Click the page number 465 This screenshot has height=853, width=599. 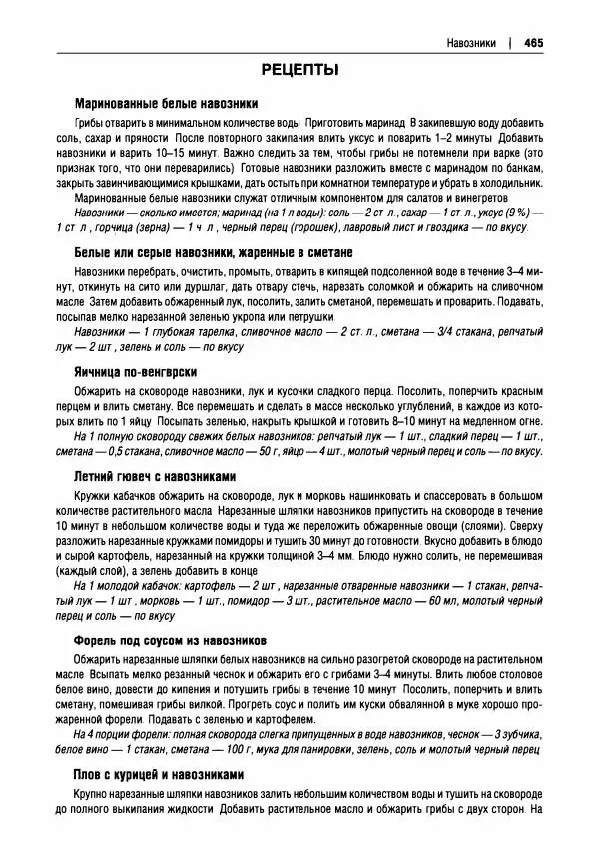(x=532, y=43)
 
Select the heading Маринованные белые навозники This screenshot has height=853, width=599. (x=167, y=103)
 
